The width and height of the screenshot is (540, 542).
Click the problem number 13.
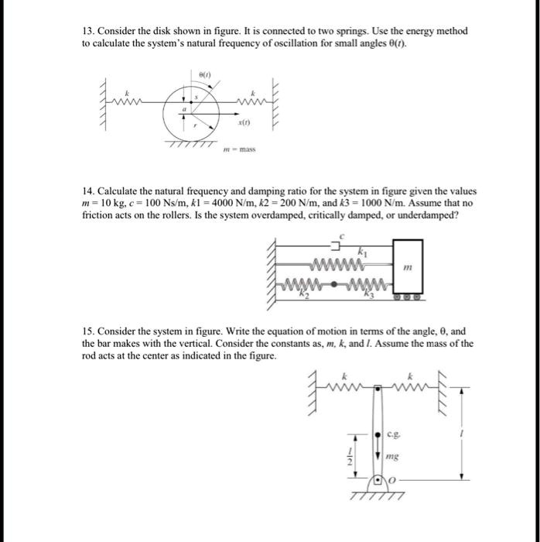pos(87,31)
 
